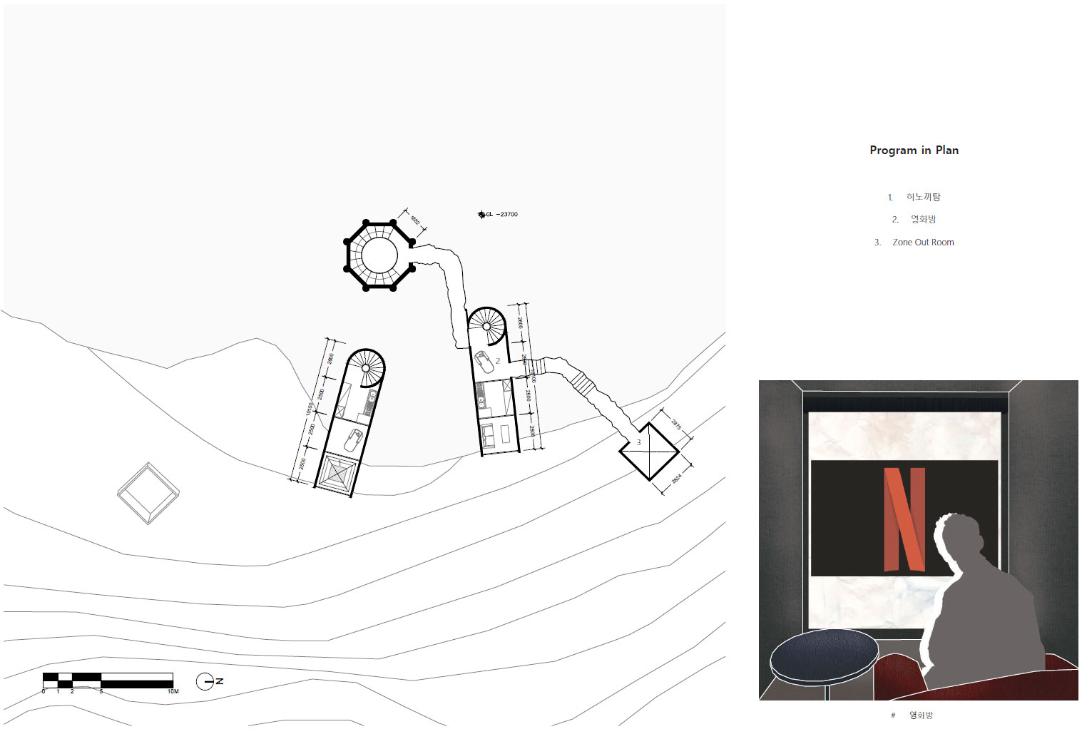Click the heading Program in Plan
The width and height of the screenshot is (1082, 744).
click(914, 150)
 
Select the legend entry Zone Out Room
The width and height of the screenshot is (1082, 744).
click(923, 243)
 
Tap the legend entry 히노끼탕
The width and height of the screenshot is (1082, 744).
click(923, 197)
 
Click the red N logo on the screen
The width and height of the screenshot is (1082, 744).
click(904, 519)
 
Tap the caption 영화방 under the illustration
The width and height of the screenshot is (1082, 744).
click(921, 715)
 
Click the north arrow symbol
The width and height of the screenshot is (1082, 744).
click(205, 681)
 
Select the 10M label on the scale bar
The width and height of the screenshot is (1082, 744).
click(173, 691)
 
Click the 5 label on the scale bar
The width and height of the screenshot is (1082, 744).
click(101, 691)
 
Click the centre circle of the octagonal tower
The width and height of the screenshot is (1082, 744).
click(379, 255)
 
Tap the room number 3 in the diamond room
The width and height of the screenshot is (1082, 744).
click(639, 442)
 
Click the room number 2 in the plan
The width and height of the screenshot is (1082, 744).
click(498, 361)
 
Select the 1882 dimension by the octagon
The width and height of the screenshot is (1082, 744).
click(415, 220)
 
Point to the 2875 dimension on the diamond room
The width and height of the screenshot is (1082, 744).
click(676, 424)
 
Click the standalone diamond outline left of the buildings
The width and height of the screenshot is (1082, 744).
click(148, 493)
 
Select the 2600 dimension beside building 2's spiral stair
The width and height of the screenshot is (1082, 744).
click(519, 322)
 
